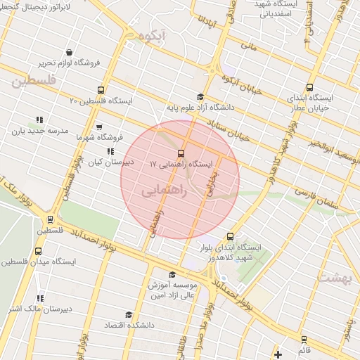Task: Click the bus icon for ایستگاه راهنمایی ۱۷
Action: pos(181,153)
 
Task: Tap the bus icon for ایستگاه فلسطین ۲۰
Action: pos(101,91)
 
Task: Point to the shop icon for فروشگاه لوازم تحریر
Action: pos(69,52)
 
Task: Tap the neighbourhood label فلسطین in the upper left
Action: pos(32,82)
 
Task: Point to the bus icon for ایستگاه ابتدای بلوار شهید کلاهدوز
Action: pos(229,237)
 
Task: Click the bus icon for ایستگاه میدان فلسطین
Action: pos(37,251)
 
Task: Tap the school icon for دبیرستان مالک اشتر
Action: pos(39,298)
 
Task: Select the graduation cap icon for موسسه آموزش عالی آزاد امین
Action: pos(172,275)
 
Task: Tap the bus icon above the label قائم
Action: pos(304,339)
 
